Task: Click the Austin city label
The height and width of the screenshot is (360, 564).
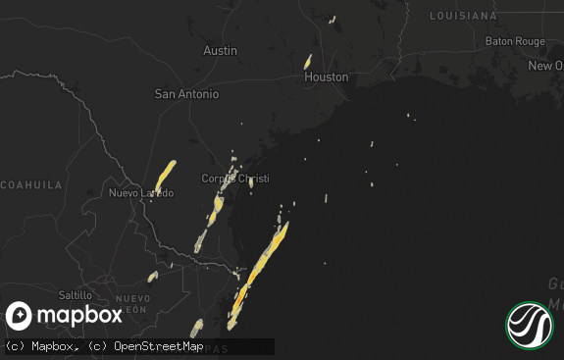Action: (x=220, y=50)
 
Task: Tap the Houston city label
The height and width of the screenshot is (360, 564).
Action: (x=326, y=77)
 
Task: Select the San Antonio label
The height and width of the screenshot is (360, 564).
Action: (x=186, y=94)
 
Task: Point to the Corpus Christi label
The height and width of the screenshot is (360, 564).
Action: (x=234, y=179)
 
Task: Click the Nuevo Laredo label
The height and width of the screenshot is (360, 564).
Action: (x=140, y=193)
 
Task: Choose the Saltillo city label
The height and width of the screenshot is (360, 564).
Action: (x=75, y=294)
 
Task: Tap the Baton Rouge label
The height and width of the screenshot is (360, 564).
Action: (x=515, y=41)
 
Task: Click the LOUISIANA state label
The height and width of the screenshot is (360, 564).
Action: (x=463, y=16)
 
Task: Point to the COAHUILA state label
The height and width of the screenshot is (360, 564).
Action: (x=31, y=184)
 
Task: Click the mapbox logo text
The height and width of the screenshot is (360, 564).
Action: (x=81, y=315)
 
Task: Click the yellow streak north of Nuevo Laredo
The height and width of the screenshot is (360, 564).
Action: (x=165, y=176)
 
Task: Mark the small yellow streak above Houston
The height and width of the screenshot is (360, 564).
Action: (x=308, y=61)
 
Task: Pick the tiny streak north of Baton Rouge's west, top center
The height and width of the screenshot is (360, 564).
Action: (x=333, y=19)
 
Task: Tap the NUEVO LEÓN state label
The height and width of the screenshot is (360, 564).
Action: (x=132, y=303)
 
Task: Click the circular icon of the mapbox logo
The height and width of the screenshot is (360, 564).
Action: (x=20, y=316)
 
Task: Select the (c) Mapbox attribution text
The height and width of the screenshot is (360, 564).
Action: (x=42, y=346)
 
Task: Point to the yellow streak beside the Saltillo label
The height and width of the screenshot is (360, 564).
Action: (x=152, y=277)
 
